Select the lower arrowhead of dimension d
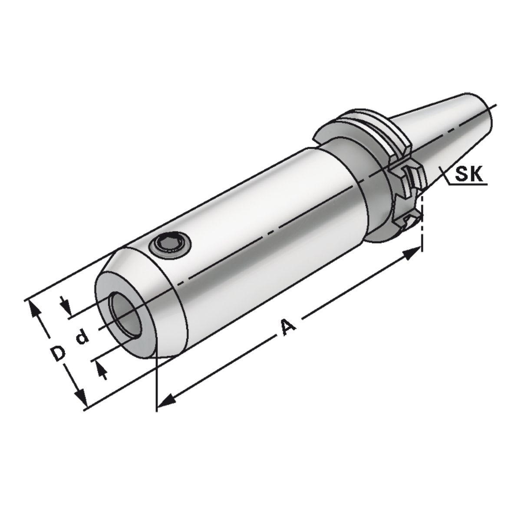tap(102, 370)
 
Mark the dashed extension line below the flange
tap(422, 230)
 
